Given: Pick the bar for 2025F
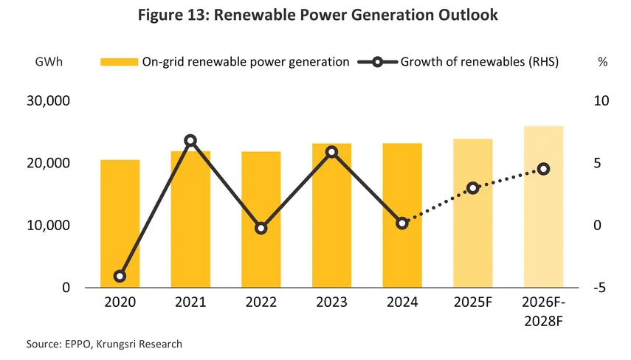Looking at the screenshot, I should pyautogui.click(x=473, y=213).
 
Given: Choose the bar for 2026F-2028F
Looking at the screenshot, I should pyautogui.click(x=543, y=207).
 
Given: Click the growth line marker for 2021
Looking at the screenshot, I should pyautogui.click(x=190, y=140).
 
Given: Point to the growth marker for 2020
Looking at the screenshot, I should pyautogui.click(x=120, y=277).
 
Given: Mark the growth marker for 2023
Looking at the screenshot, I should pyautogui.click(x=331, y=152).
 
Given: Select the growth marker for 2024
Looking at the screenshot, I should pyautogui.click(x=402, y=223).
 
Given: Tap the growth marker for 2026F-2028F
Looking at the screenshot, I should pyautogui.click(x=543, y=169).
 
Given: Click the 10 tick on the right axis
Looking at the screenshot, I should pyautogui.click(x=601, y=101).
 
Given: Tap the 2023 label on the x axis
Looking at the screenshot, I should pyautogui.click(x=331, y=302).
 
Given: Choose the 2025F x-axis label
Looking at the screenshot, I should pyautogui.click(x=473, y=302).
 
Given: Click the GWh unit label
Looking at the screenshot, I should pyautogui.click(x=49, y=62).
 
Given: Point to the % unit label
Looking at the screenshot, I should pyautogui.click(x=602, y=62).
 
